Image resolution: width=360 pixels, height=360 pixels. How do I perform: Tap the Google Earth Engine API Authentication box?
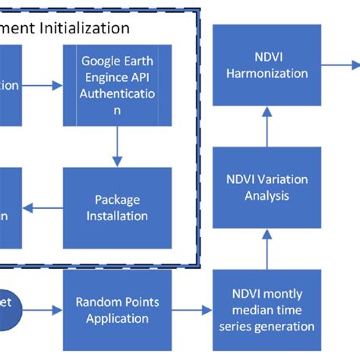117,85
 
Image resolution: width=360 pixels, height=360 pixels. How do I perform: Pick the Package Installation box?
117,207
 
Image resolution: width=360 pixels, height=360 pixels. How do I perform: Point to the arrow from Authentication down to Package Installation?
117,147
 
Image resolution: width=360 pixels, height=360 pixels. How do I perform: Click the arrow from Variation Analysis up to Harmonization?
267,126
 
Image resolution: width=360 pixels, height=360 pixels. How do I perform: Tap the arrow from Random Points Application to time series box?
194,310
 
